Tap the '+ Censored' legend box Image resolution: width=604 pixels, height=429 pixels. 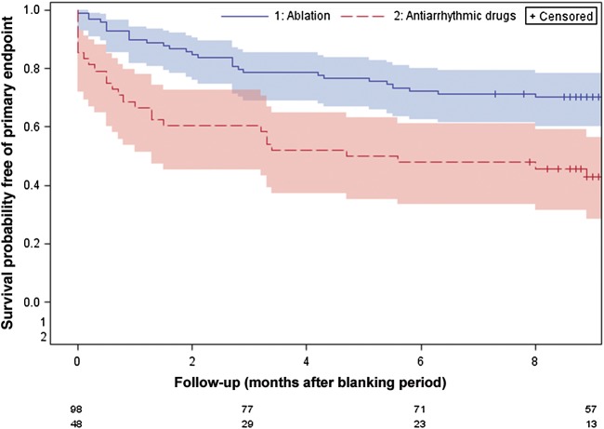point(561,17)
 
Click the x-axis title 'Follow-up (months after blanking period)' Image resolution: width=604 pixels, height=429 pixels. point(307,382)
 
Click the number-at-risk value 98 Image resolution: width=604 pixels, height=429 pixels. point(77,409)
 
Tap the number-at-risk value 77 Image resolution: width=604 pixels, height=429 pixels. point(249,409)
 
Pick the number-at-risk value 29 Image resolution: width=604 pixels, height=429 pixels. point(249,422)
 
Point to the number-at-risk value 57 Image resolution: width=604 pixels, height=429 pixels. point(593,409)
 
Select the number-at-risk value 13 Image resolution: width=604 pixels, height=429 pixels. point(593,422)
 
